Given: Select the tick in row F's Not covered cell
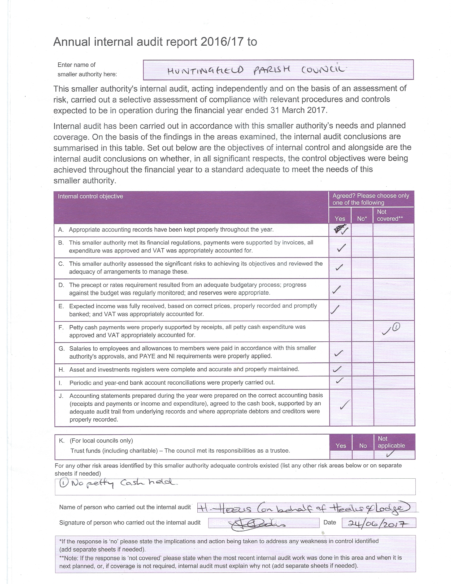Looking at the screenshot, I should pyautogui.click(x=386, y=332).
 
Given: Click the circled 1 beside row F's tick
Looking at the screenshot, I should pyautogui.click(x=396, y=327).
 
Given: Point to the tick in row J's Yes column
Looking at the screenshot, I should pyautogui.click(x=345, y=405).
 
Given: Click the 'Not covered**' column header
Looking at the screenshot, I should pyautogui.click(x=390, y=215).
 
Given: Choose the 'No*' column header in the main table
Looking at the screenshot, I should pyautogui.click(x=362, y=218).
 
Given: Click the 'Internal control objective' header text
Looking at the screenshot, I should pyautogui.click(x=90, y=196).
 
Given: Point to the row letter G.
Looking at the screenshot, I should pyautogui.click(x=62, y=349).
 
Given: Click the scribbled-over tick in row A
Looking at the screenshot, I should pyautogui.click(x=341, y=229).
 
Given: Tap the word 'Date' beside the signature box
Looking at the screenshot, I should pyautogui.click(x=329, y=522).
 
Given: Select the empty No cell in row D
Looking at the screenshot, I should pyautogui.click(x=362, y=289).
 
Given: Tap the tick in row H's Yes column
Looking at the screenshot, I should pyautogui.click(x=337, y=369).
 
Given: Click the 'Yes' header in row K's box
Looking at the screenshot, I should pyautogui.click(x=341, y=446).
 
